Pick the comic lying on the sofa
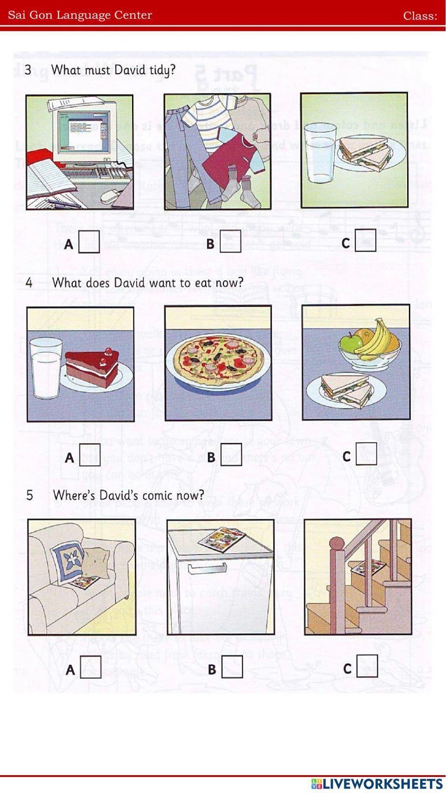click(x=85, y=582)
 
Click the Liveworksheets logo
click(x=377, y=784)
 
